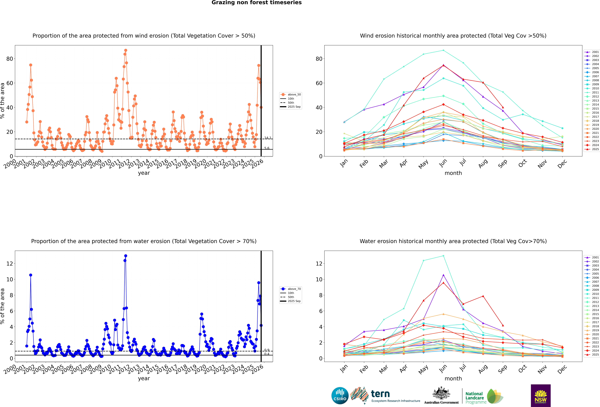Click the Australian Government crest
click(x=441, y=393)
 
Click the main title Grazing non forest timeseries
click(x=256, y=3)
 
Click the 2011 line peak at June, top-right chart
click(x=443, y=50)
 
